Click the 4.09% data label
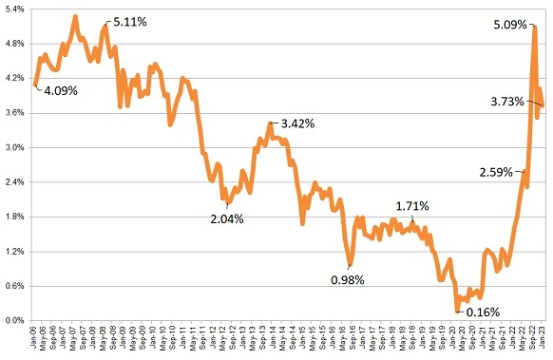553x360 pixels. [62, 92]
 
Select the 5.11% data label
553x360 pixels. [130, 21]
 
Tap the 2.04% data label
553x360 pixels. [227, 218]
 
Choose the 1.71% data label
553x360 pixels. [412, 205]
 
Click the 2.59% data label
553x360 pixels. [493, 172]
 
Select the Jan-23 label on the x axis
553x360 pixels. [543, 338]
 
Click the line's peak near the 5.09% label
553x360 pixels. [535, 28]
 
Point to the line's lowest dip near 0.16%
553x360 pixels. [457, 310]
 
